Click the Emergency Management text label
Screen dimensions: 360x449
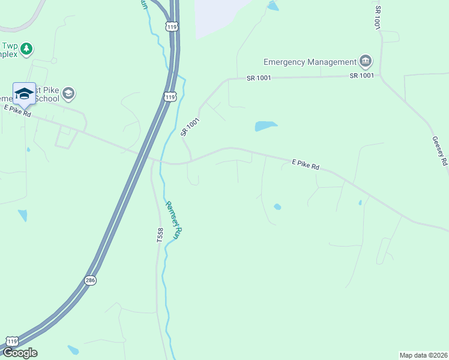tap(310, 62)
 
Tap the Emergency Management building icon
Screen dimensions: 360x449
tap(366, 61)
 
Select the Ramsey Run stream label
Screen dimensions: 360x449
tap(173, 220)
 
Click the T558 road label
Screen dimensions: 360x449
tap(160, 235)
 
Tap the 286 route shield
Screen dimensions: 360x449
tap(90, 280)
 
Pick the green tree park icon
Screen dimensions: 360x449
tap(26, 49)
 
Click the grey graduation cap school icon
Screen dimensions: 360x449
tap(68, 94)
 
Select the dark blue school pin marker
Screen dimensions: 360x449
tap(24, 94)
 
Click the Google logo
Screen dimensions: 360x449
tap(19, 352)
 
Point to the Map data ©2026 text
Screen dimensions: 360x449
tap(423, 355)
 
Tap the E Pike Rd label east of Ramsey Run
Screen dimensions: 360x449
tap(306, 164)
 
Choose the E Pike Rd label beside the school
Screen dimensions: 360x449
tap(17, 110)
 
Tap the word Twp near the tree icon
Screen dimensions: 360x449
tap(10, 46)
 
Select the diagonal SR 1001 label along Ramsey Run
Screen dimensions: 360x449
tap(190, 127)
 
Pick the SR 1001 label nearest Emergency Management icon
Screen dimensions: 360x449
tap(362, 76)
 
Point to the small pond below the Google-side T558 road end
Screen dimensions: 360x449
tap(73, 350)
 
